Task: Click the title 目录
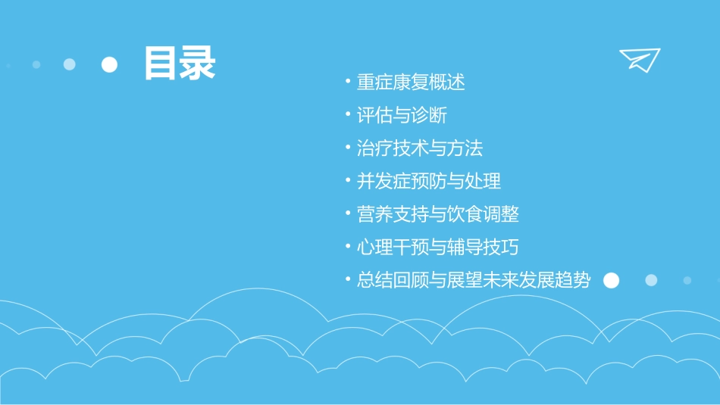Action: click(x=180, y=64)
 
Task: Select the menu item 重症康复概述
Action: click(x=411, y=82)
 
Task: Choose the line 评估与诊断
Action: click(x=402, y=115)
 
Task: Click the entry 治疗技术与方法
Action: click(x=420, y=148)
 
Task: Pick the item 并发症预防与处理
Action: click(x=429, y=181)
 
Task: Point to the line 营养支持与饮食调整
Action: click(x=438, y=214)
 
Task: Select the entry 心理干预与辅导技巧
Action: click(x=438, y=247)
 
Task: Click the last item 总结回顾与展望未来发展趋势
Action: click(x=474, y=280)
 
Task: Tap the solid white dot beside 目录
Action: click(x=110, y=64)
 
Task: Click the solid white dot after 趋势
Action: click(x=611, y=281)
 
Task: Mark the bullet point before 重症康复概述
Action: click(x=347, y=81)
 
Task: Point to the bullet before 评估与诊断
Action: click(x=347, y=114)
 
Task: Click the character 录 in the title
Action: click(x=198, y=64)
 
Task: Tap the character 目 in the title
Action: click(x=161, y=64)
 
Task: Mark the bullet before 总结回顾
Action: click(x=347, y=279)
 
